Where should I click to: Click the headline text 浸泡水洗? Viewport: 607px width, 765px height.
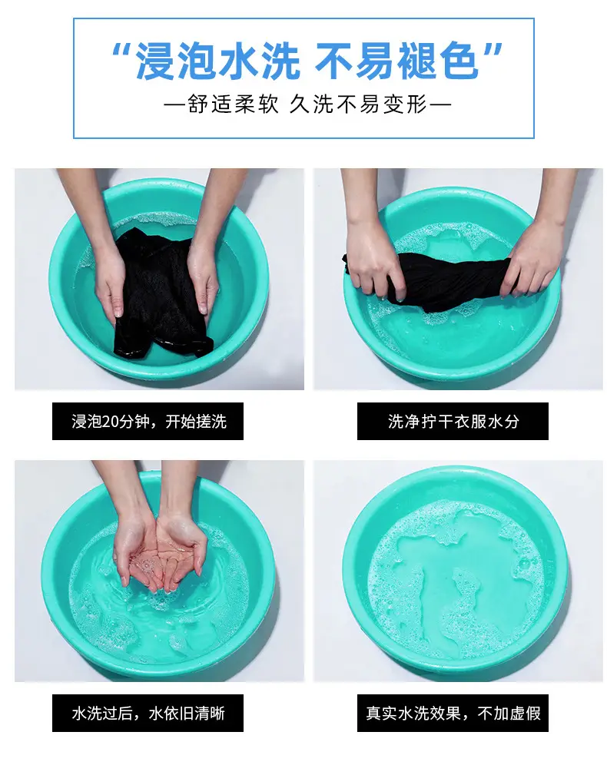218,61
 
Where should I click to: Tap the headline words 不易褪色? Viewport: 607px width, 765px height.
396,61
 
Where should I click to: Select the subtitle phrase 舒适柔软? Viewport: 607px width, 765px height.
233,104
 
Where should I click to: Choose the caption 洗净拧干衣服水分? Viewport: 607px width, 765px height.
453,421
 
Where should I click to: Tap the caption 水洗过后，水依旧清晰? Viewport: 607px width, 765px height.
148,714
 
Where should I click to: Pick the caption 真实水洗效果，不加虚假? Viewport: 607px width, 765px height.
453,714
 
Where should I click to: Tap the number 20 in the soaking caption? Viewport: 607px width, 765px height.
111,422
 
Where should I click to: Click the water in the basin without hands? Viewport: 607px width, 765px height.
456,581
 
